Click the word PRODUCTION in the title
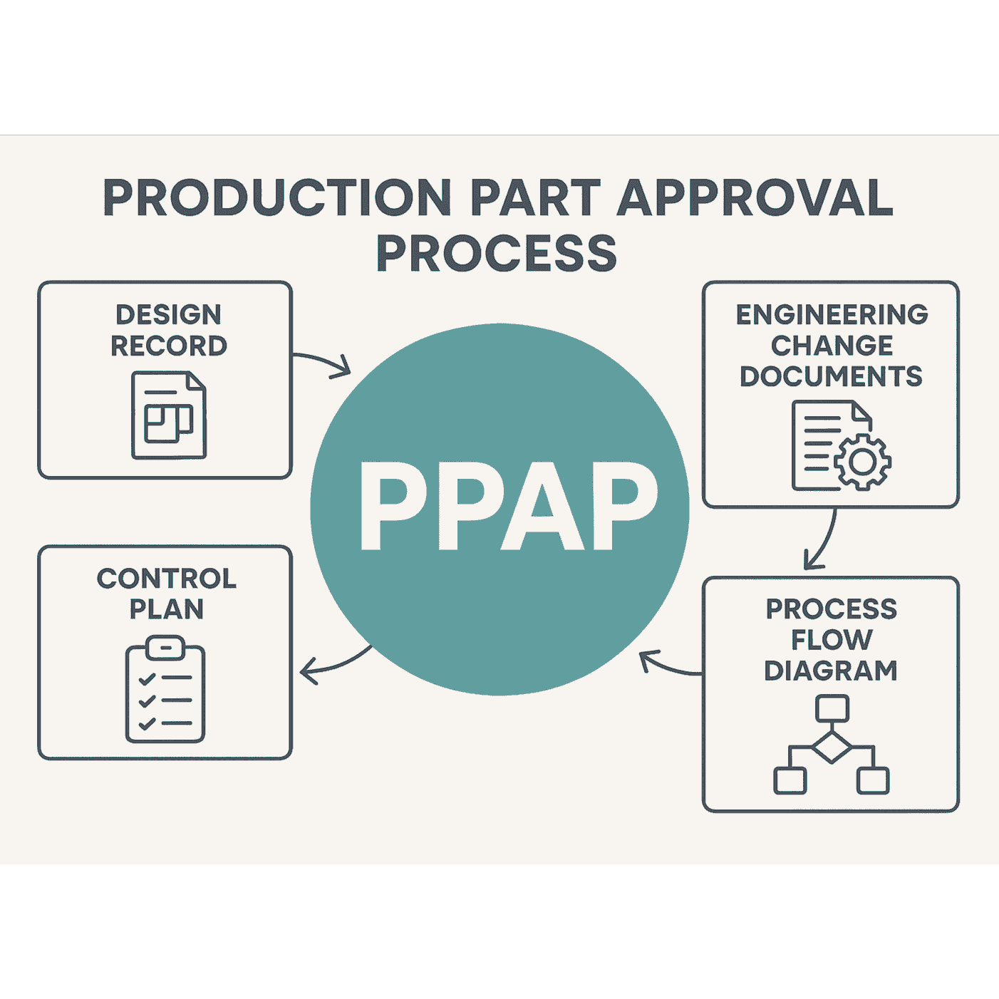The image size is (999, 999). tap(277, 197)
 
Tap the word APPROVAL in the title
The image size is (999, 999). tap(755, 197)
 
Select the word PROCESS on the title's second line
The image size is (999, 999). tap(497, 254)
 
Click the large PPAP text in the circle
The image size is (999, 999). tap(508, 506)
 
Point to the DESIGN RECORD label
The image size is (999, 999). tap(169, 330)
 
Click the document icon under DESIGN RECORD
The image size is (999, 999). tap(169, 415)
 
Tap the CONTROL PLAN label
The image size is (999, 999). tap(167, 594)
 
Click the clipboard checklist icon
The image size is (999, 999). tap(165, 691)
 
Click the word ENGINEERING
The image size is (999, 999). tap(832, 314)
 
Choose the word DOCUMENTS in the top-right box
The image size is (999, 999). tap(831, 376)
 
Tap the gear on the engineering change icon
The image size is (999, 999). tap(863, 462)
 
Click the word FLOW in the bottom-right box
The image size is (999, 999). tap(832, 640)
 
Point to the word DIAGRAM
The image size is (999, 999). tap(831, 671)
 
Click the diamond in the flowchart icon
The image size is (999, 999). tap(832, 747)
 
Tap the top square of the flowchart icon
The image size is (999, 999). tap(832, 708)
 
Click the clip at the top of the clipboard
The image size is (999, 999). tap(165, 648)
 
